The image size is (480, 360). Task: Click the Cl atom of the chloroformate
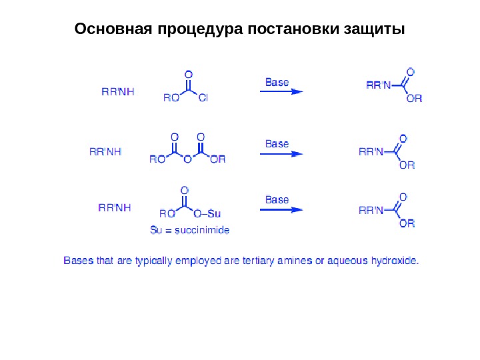(x=203, y=98)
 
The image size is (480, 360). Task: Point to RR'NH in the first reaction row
(x=117, y=92)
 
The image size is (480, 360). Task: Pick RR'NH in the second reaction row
(x=105, y=151)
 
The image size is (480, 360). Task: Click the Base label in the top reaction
(x=277, y=83)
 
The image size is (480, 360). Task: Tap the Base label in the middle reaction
(x=277, y=143)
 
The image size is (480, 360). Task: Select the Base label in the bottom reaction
(x=277, y=199)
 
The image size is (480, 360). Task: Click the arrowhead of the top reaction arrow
(x=297, y=92)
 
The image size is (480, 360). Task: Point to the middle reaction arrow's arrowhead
(x=297, y=153)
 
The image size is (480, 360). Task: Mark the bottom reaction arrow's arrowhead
(x=297, y=209)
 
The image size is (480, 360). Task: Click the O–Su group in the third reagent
(x=207, y=214)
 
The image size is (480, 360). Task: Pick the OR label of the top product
(x=414, y=99)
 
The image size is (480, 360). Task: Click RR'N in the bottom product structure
(x=372, y=211)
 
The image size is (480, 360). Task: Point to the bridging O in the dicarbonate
(x=188, y=159)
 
